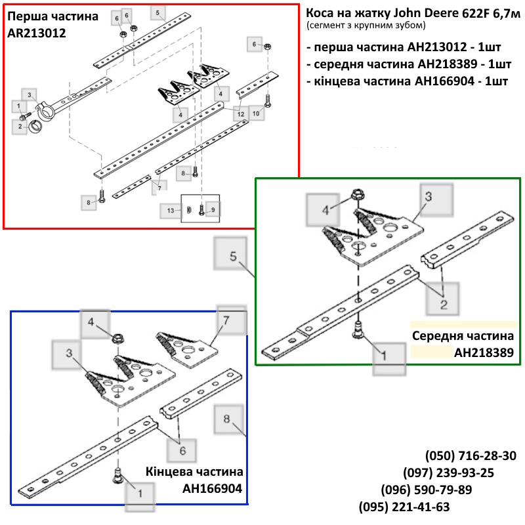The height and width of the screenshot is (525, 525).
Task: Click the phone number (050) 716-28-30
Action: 471,455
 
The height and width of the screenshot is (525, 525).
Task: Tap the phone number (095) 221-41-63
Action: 404,507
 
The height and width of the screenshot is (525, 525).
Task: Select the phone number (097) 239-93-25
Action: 448,472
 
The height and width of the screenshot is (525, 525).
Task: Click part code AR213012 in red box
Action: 37,33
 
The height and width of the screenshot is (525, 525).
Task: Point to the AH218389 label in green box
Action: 484,352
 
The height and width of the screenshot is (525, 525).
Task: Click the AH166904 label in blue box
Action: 212,488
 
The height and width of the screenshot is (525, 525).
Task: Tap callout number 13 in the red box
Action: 171,211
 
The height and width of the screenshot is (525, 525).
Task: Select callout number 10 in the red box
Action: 256,114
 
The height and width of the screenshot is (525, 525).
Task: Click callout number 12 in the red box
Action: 241,114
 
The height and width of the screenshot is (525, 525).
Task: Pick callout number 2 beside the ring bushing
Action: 20,126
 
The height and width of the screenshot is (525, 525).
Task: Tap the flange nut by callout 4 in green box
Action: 356,194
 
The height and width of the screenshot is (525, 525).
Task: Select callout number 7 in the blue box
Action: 226,320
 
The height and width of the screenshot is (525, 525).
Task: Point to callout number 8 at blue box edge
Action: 226,419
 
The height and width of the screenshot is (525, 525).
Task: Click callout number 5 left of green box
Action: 234,257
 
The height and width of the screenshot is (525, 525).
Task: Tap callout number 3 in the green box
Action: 429,196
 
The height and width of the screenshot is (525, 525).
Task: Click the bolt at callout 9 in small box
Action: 201,210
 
